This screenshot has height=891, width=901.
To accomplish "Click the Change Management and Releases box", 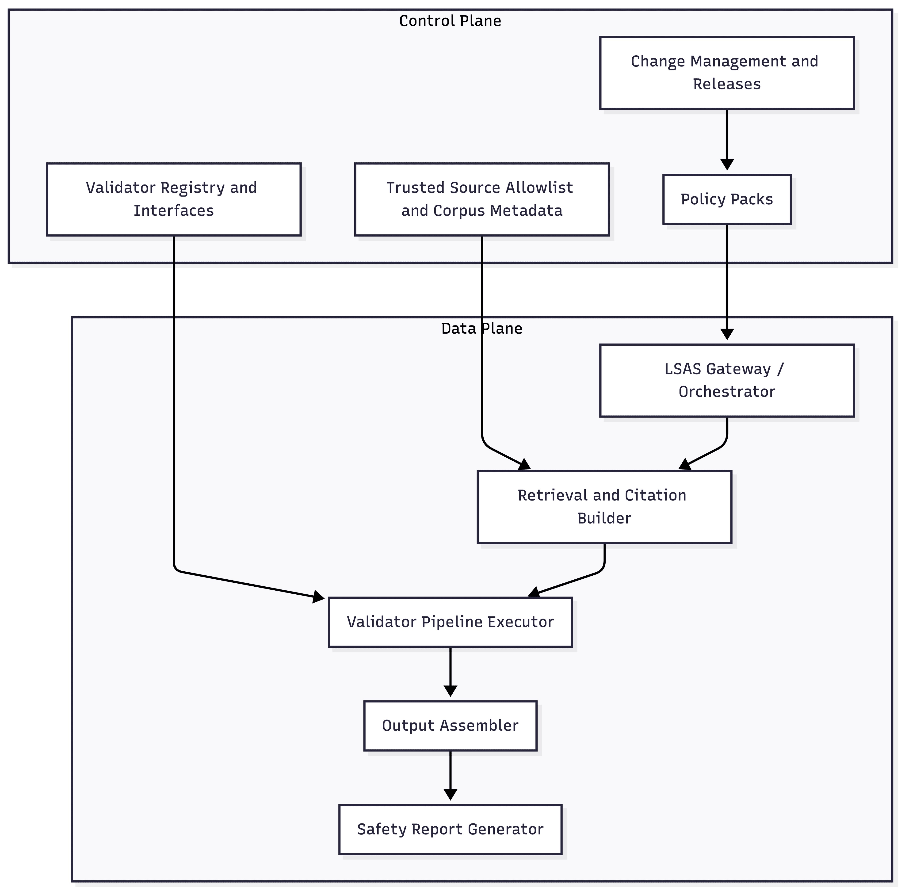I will tap(727, 73).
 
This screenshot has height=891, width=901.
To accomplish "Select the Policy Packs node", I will tap(727, 199).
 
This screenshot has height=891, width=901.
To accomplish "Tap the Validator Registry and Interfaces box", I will tap(173, 199).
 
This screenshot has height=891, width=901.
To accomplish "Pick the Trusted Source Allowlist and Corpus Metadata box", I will tap(482, 199).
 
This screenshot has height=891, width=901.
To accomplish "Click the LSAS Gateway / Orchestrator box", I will tap(727, 380).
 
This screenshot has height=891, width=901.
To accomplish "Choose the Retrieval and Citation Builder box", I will tap(604, 507).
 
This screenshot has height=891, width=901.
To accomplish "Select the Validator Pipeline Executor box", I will tap(450, 622).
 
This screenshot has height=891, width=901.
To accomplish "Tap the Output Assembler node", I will tap(450, 725).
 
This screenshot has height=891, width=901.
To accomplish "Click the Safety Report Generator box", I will tap(450, 829).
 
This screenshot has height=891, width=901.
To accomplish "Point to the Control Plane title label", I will tap(450, 21).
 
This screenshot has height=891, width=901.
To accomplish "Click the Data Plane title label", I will tap(482, 329).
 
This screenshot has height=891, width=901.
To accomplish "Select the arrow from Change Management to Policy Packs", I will tap(727, 138).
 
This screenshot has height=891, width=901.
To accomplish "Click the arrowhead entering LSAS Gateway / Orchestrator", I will tap(727, 334).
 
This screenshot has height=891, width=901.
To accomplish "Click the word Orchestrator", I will tap(727, 392).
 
